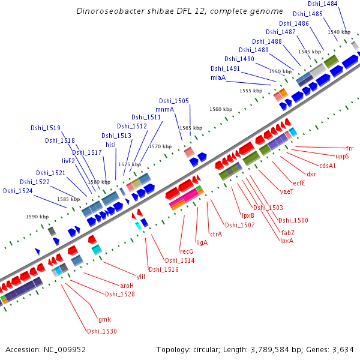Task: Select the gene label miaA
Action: point(218,78)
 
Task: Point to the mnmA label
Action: point(164,109)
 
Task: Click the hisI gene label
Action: point(110,145)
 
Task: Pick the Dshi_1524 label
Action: point(17,191)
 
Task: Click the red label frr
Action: point(350,148)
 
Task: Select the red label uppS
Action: point(343,156)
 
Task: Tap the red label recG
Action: point(186,251)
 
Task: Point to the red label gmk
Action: point(104,319)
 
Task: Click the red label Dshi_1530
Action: point(101,331)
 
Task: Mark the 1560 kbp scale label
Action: point(220,110)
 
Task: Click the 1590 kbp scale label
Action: point(37,217)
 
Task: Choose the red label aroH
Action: point(127,286)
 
